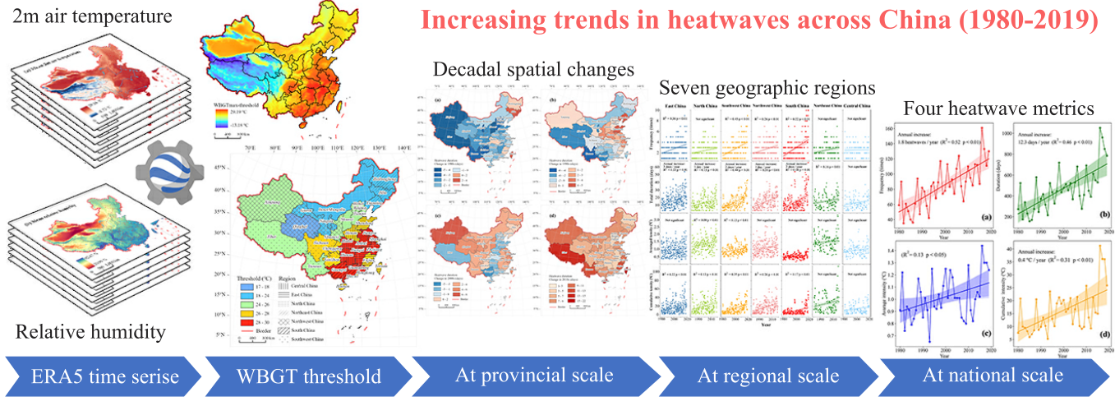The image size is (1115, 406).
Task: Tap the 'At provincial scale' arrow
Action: (x=533, y=376)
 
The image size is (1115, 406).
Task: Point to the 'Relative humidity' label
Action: (x=90, y=332)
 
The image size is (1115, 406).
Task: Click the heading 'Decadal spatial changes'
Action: (x=533, y=70)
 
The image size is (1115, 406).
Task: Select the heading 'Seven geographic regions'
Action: (x=767, y=87)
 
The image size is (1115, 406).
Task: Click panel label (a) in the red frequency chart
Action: (x=982, y=218)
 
